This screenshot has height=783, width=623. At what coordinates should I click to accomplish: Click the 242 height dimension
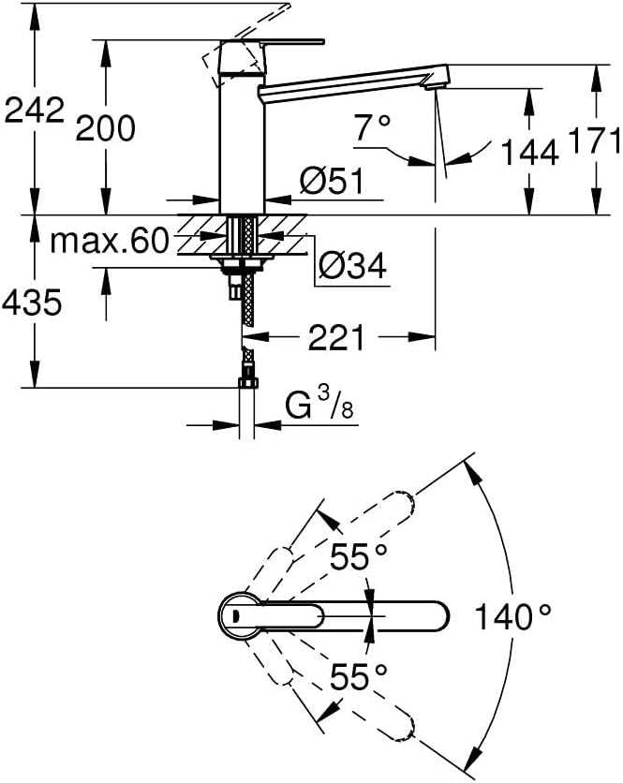[35, 110]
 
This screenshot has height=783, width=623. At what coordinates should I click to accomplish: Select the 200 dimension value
[106, 128]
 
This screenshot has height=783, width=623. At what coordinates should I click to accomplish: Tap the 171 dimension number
[594, 140]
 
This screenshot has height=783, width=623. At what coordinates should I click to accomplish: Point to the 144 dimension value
[529, 153]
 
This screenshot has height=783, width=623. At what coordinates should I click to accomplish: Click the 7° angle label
[373, 127]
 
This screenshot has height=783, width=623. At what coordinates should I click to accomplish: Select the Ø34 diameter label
[352, 265]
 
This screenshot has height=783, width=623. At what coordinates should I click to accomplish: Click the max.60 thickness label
[110, 242]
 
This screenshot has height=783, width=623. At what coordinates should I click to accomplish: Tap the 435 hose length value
[32, 303]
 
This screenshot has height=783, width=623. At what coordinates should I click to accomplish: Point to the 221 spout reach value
[336, 337]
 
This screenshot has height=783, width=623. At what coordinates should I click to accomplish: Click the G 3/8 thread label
[319, 404]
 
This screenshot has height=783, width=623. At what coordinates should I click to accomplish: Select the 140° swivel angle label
[512, 616]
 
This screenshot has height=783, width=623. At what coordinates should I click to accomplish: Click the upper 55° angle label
[358, 557]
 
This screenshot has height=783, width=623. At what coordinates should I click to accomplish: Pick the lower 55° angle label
[358, 676]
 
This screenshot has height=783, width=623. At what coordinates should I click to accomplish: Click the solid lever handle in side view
[273, 41]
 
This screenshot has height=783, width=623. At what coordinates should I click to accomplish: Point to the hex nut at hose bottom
[248, 383]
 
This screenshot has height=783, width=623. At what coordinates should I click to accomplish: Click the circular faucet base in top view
[239, 616]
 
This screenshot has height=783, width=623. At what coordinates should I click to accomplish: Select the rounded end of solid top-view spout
[438, 616]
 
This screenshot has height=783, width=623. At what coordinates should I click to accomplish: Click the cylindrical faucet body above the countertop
[243, 145]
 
